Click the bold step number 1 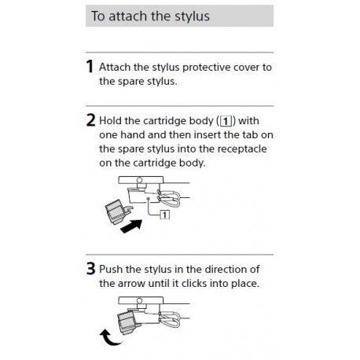pyautogui.click(x=90, y=68)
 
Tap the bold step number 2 pyautogui.click(x=90, y=122)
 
